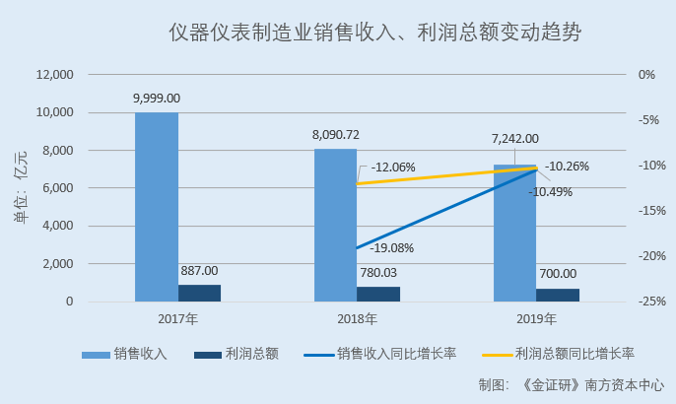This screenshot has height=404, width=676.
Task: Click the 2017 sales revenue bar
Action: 157,207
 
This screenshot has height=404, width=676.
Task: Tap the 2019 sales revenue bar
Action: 514,236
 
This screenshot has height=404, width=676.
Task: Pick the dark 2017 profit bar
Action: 199,293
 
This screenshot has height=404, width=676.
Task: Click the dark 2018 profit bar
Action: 378,294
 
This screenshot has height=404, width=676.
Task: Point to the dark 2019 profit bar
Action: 558,295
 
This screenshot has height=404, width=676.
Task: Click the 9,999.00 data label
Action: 157,99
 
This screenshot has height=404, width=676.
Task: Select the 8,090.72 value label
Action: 336,134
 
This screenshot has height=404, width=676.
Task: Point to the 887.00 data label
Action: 199,270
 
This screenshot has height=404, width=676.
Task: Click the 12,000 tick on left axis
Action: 54,75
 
